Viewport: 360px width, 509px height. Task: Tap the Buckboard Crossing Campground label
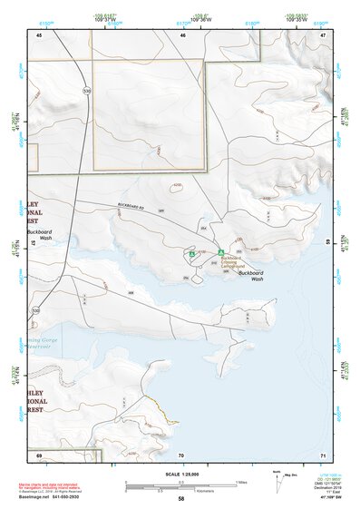pos(233,263)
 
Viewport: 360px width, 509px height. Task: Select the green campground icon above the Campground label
pos(220,251)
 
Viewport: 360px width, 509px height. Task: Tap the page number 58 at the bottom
pos(180,499)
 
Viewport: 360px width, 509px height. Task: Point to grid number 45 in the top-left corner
pos(39,34)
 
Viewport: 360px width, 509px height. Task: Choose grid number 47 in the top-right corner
pos(323,34)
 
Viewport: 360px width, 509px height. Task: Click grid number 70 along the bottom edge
pos(180,454)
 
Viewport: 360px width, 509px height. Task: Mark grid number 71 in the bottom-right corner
pos(323,454)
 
